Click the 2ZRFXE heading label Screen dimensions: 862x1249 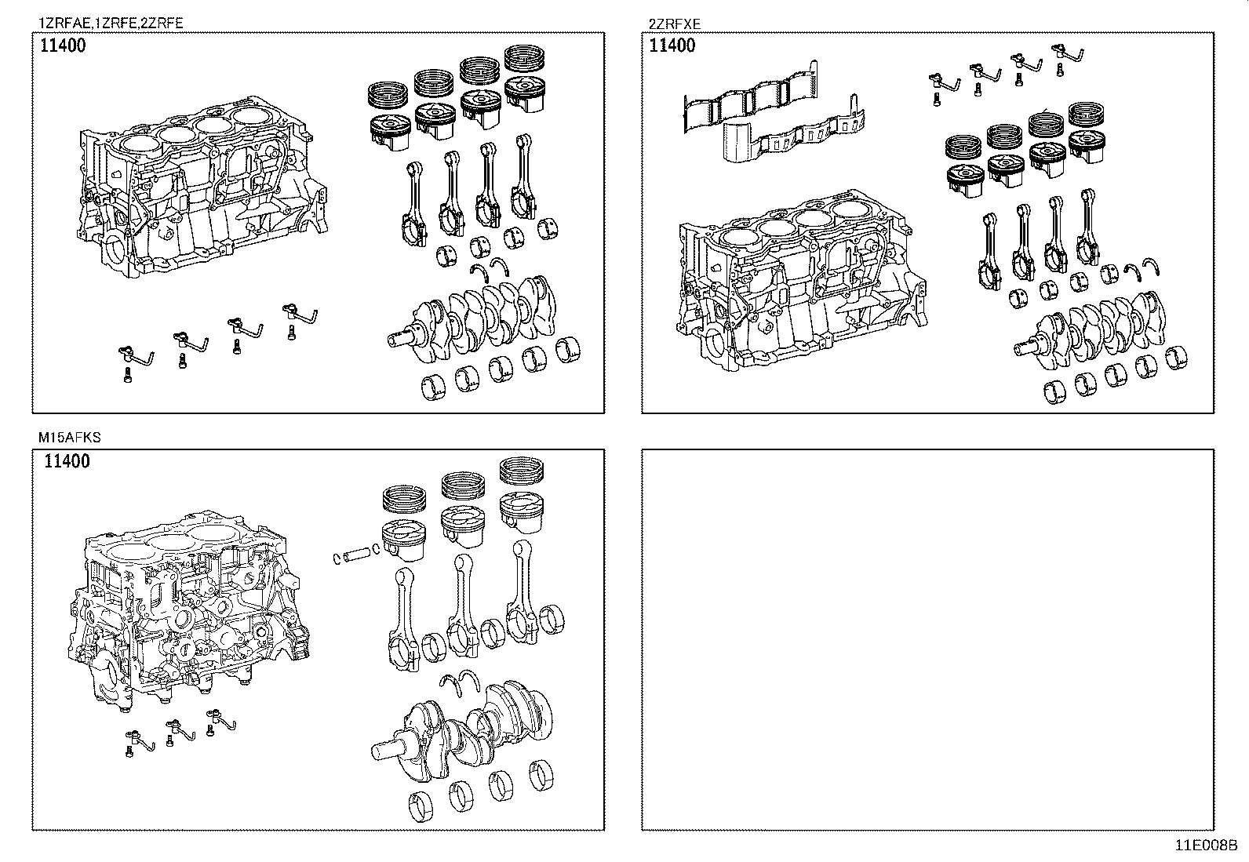coord(674,24)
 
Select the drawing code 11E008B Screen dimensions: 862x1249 coord(1205,846)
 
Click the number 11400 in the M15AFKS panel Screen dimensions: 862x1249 coord(67,461)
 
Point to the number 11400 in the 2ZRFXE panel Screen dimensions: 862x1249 coord(672,45)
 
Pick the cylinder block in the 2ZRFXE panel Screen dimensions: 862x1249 coord(792,282)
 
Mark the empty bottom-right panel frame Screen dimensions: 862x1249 coord(927,639)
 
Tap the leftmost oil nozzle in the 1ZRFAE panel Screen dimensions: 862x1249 coord(133,357)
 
